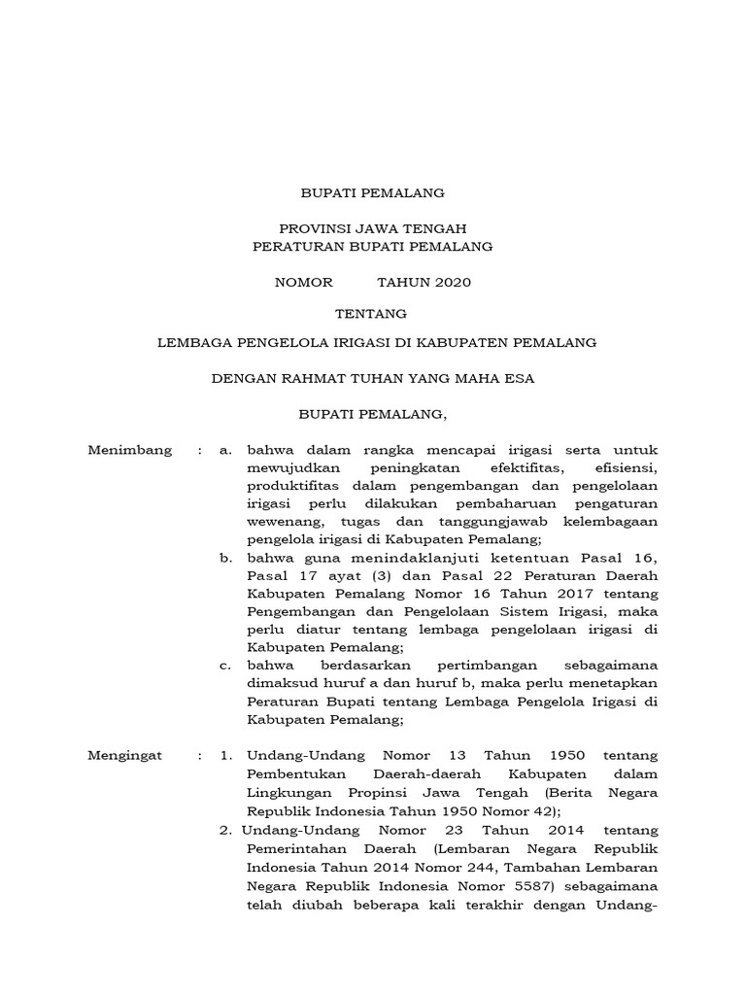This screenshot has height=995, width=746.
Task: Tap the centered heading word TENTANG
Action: [x=371, y=313]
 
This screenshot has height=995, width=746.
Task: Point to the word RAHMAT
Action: [x=305, y=379]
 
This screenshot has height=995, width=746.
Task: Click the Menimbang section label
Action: [x=130, y=450]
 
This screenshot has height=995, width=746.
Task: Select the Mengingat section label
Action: [x=126, y=755]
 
